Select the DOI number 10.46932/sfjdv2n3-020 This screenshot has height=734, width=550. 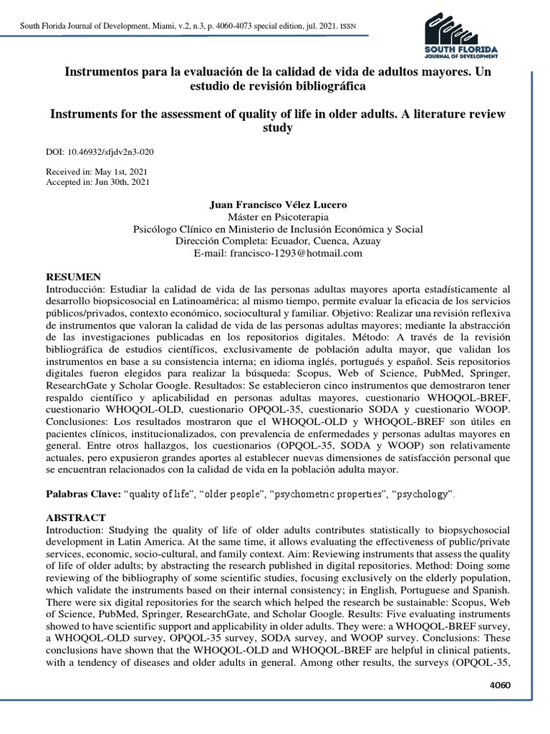110,152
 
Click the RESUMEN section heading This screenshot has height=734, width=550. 74,277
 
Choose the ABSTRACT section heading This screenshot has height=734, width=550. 76,518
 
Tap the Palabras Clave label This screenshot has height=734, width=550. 83,495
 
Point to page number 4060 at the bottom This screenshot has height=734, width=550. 498,685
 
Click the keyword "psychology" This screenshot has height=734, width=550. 425,495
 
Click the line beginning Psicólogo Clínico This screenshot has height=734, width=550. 278,229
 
